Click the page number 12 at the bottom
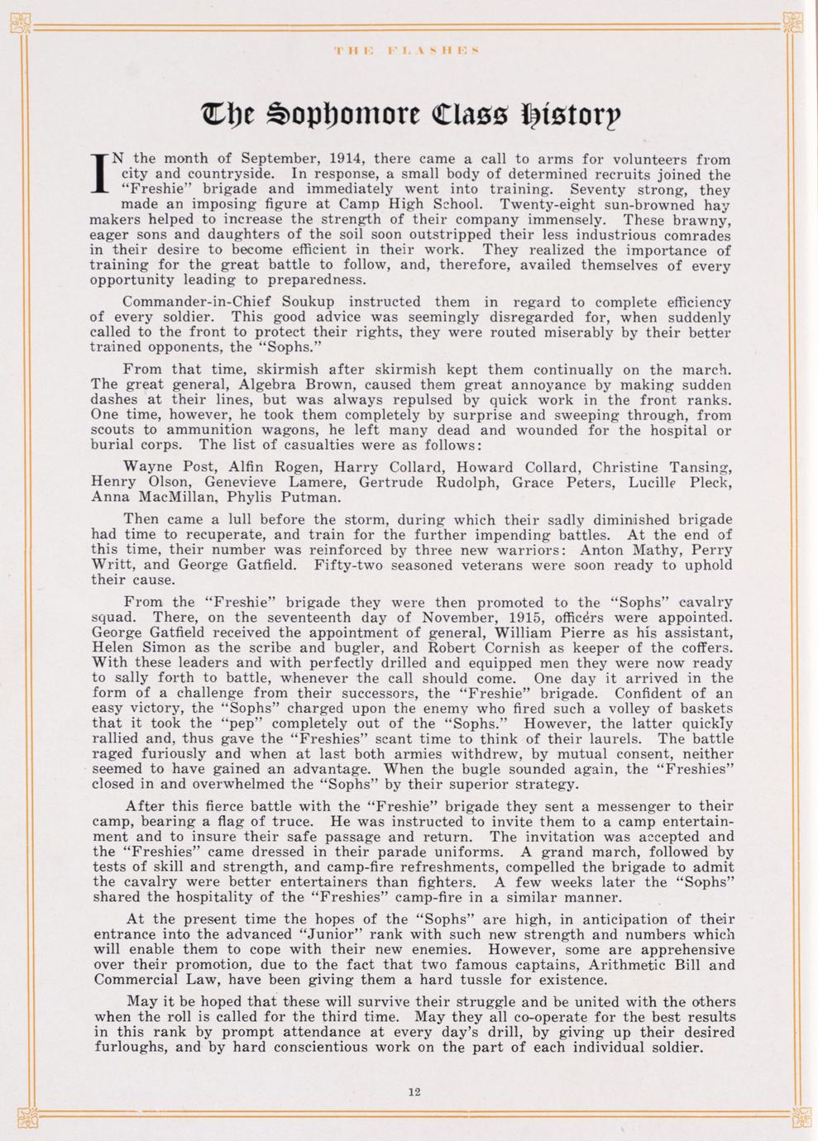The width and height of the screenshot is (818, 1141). tap(414, 1091)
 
